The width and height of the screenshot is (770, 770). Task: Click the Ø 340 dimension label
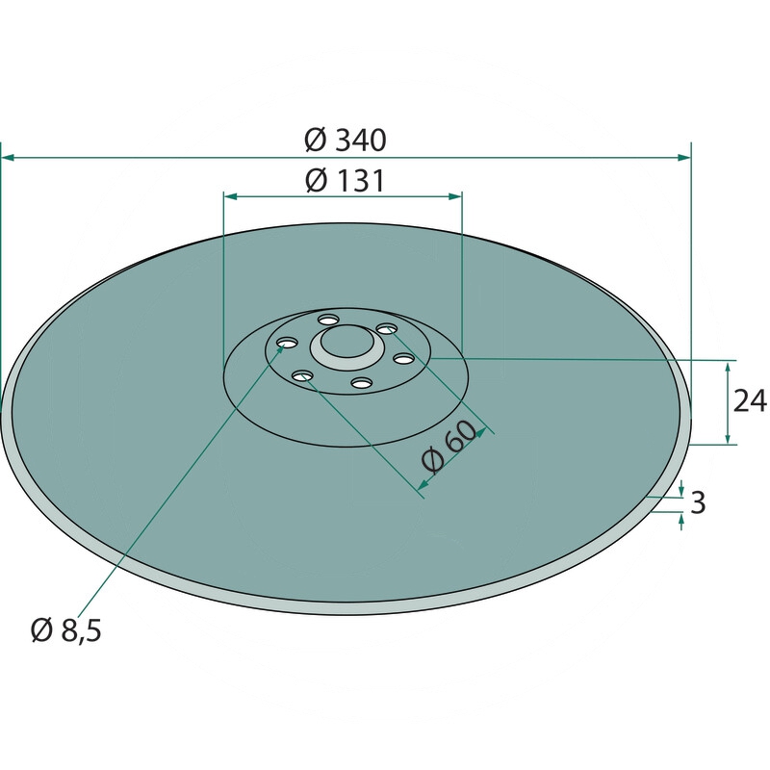(x=346, y=140)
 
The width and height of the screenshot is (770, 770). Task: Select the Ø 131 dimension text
(x=345, y=181)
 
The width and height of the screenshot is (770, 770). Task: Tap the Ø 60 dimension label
(x=449, y=447)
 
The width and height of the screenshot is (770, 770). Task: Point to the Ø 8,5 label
(x=65, y=630)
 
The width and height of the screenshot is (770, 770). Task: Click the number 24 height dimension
(x=750, y=400)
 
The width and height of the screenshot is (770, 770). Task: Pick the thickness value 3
(x=698, y=502)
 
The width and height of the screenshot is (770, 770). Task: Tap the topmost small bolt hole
(x=328, y=321)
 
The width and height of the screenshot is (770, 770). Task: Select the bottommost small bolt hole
(x=363, y=382)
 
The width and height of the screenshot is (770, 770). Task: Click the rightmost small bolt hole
(x=403, y=359)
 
